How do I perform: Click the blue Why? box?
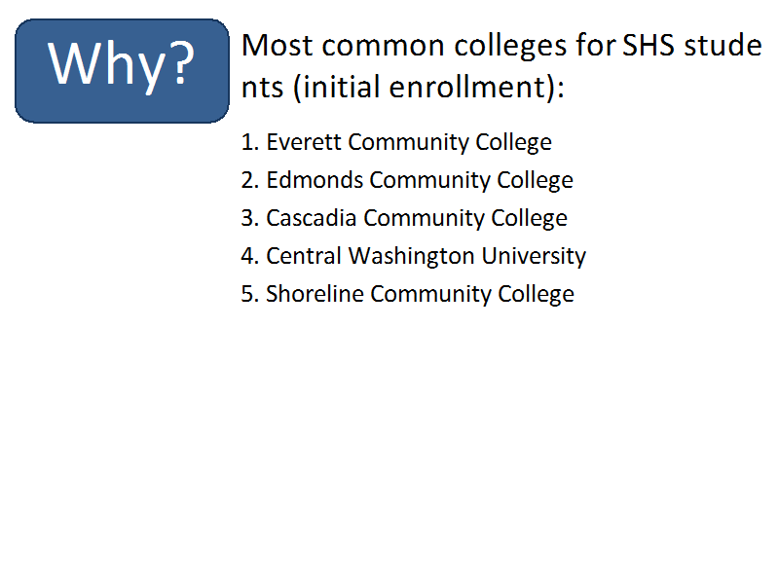pos(123,71)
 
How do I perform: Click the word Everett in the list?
pos(304,142)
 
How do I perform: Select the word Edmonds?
pos(315,180)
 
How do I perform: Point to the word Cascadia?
pos(312,218)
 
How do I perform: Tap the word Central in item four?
pos(304,256)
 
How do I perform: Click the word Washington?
pos(411,256)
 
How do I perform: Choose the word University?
pos(534,257)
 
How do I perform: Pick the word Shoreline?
pos(315,294)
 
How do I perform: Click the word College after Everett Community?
pos(514,143)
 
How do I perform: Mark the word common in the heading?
pos(384,48)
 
